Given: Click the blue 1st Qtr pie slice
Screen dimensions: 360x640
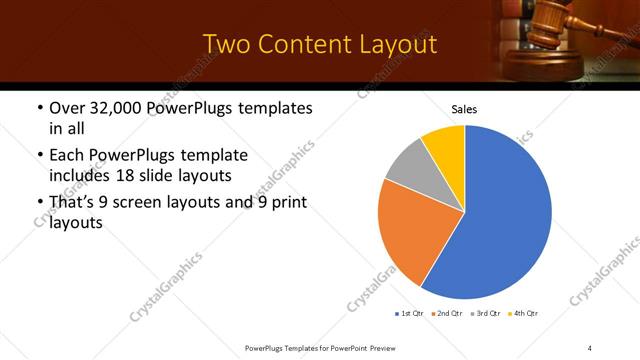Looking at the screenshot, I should (x=505, y=220).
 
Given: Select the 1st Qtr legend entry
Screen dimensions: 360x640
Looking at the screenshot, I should (x=410, y=314).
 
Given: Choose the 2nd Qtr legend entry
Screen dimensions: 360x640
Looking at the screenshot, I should (x=446, y=314).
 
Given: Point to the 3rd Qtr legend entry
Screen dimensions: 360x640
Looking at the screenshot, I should (x=485, y=314).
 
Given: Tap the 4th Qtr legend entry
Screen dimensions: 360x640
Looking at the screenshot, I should (x=524, y=314).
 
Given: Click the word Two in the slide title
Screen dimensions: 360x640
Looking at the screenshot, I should (x=225, y=44).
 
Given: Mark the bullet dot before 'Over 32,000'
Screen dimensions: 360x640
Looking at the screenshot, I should (x=39, y=108).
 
